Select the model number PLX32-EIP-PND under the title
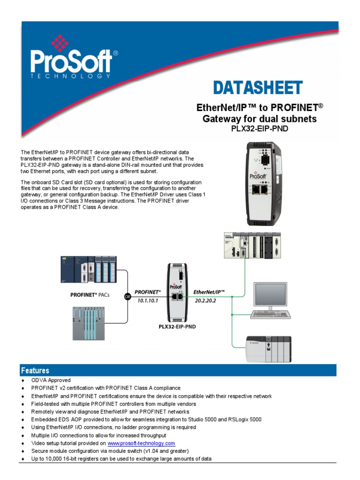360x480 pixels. [259, 128]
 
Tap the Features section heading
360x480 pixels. [35, 370]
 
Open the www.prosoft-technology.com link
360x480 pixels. [141, 443]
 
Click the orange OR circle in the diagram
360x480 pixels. [127, 296]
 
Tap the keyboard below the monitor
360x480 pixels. [270, 314]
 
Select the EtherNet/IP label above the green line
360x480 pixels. [210, 292]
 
